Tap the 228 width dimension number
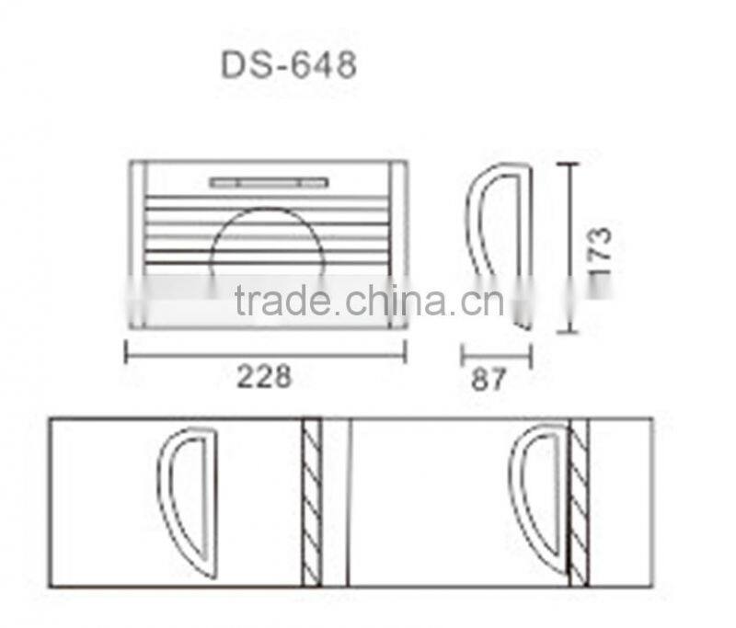click(x=264, y=375)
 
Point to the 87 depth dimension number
click(x=489, y=379)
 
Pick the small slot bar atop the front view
click(x=267, y=183)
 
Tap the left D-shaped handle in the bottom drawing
click(x=190, y=501)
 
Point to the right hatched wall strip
click(x=579, y=502)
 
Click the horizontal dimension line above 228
click(x=265, y=352)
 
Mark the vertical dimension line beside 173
click(x=571, y=248)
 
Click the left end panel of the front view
click(x=137, y=244)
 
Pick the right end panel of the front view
click(x=398, y=244)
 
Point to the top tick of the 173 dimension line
click(x=571, y=165)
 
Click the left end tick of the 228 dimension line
click(x=126, y=352)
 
